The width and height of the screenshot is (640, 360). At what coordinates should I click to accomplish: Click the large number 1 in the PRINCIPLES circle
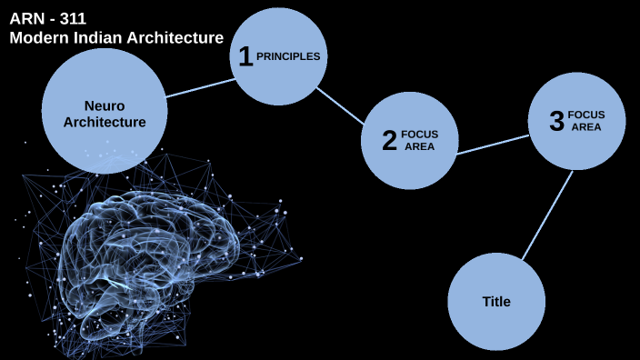pos(244,56)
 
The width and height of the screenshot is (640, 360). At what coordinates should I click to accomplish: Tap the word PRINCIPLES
pos(288,56)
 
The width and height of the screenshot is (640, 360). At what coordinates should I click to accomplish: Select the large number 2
pos(389,141)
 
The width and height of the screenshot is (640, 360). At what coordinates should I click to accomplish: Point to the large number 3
pos(556,122)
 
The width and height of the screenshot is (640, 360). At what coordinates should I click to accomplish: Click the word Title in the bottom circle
pos(496,302)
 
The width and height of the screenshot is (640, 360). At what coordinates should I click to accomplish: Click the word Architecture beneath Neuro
pos(105,122)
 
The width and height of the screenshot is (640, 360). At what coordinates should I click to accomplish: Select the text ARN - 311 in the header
pos(47,18)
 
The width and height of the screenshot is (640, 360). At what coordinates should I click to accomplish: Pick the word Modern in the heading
pos(37,37)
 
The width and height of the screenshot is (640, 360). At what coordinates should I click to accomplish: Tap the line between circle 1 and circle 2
pos(340,105)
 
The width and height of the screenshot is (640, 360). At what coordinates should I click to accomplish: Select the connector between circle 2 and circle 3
pos(492,145)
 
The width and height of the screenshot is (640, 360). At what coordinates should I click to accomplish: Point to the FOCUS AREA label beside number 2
pos(419,140)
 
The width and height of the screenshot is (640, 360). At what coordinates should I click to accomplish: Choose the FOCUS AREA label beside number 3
pos(585,121)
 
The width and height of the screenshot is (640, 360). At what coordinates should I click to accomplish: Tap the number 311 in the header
pos(72,18)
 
